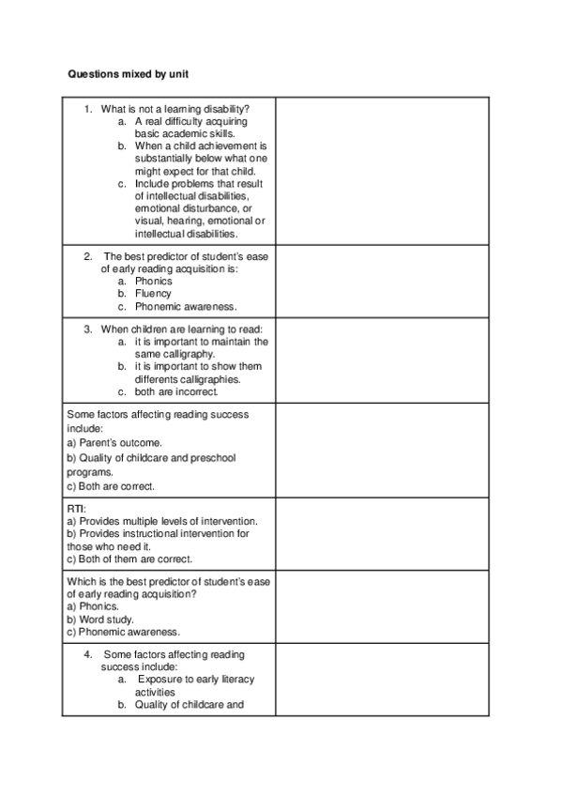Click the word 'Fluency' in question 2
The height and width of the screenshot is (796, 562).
click(153, 294)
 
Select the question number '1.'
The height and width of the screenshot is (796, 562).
click(88, 109)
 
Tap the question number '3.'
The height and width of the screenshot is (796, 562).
click(88, 329)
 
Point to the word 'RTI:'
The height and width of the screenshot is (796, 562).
click(76, 508)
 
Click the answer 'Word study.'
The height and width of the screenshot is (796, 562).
click(107, 620)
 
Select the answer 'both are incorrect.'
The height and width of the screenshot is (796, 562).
click(176, 391)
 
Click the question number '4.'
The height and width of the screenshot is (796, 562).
click(88, 653)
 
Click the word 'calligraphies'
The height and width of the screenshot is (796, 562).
click(212, 379)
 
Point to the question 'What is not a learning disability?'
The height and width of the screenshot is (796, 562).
click(175, 109)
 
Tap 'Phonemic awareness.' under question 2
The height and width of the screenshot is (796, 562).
click(186, 306)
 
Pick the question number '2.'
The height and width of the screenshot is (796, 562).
click(88, 255)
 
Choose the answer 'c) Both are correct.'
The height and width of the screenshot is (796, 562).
click(111, 486)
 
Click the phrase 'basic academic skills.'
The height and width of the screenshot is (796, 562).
click(184, 133)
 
